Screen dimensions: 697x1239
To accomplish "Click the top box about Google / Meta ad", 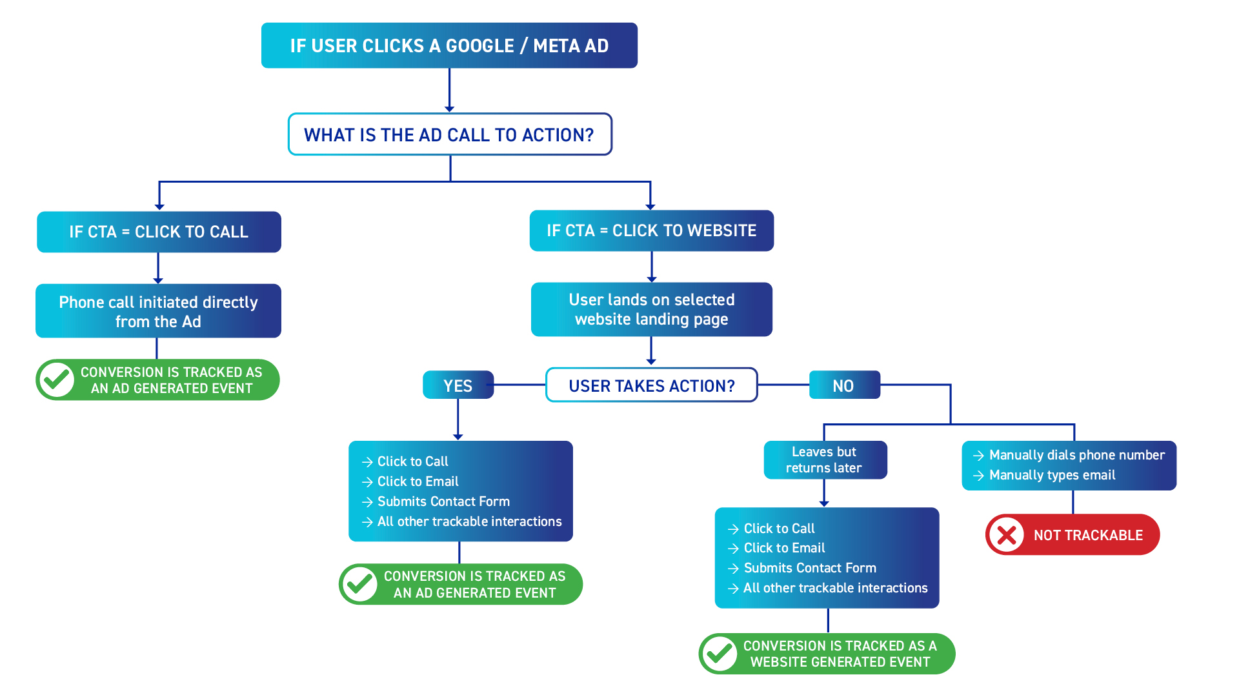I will pyautogui.click(x=449, y=46).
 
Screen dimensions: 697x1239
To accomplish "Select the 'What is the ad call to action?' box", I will pyautogui.click(x=449, y=135).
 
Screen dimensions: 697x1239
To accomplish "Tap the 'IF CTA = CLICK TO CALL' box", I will pyautogui.click(x=159, y=232).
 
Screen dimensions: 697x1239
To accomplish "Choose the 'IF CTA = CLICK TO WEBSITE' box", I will pyautogui.click(x=651, y=230).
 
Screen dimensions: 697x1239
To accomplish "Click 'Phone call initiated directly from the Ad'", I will pyautogui.click(x=158, y=311).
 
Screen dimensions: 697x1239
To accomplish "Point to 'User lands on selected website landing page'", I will pyautogui.click(x=651, y=309).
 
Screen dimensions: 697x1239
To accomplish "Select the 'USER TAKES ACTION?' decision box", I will pyautogui.click(x=651, y=385).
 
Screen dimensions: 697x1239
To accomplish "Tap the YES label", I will pyautogui.click(x=458, y=385).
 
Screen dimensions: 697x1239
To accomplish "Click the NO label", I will pyautogui.click(x=843, y=385).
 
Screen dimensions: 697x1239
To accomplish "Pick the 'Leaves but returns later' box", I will pyautogui.click(x=824, y=460).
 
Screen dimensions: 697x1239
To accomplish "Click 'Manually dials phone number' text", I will pyautogui.click(x=1076, y=455).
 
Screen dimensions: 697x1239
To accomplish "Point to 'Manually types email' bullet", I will pyautogui.click(x=1052, y=475).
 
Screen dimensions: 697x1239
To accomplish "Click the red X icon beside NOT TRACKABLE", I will pyautogui.click(x=1007, y=535).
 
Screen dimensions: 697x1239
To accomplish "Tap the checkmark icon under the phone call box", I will pyautogui.click(x=57, y=379).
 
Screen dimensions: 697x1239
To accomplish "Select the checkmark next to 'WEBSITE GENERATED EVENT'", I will pyautogui.click(x=720, y=654).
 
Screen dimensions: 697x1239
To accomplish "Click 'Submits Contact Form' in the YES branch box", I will pyautogui.click(x=443, y=501).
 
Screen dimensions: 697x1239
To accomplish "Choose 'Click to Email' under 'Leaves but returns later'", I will pyautogui.click(x=784, y=548).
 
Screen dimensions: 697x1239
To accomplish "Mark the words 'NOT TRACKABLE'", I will pyautogui.click(x=1088, y=535).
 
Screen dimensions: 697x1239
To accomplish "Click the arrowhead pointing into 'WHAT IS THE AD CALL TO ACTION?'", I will pyautogui.click(x=449, y=108).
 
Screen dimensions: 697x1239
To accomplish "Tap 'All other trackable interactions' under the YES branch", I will pyautogui.click(x=469, y=521).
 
